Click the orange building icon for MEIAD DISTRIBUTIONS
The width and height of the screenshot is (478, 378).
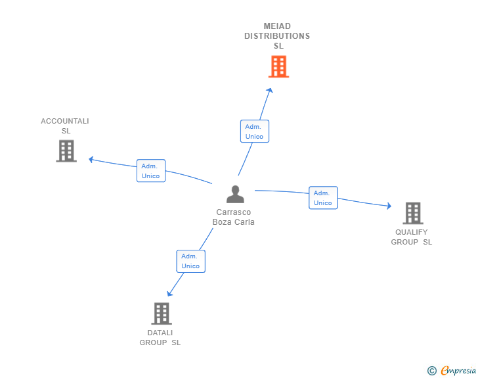278,66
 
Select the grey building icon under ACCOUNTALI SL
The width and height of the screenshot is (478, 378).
66,151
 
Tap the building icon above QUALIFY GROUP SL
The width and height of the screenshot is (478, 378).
413,213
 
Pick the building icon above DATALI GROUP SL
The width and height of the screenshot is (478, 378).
162,314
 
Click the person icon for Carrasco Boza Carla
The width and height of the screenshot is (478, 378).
235,194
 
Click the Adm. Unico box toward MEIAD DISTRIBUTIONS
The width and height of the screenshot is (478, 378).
255,131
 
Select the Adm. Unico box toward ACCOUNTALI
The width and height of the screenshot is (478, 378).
151,171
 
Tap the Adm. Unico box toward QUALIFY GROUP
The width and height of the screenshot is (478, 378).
323,198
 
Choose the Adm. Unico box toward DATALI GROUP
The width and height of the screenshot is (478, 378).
191,262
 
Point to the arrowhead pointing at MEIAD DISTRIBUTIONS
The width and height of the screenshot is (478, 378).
269,90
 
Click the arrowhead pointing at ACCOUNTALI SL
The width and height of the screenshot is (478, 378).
91,159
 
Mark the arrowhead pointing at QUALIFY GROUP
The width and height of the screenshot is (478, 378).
389,206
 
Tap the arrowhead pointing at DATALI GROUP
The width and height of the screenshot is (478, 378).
169,294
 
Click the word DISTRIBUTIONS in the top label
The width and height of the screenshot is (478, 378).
277,36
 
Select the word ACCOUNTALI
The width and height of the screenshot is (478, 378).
65,121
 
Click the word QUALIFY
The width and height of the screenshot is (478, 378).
411,232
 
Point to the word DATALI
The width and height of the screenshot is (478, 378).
160,333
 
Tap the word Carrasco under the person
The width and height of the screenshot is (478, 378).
234,212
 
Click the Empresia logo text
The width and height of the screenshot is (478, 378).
458,371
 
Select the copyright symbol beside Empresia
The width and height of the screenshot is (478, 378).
432,371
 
